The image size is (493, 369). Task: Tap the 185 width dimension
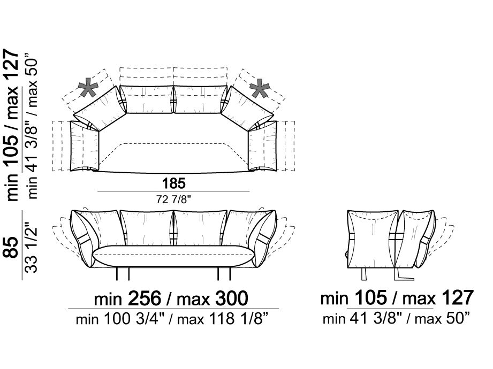174,183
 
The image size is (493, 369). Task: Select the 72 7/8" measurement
173,199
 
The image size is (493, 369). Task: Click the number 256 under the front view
145,298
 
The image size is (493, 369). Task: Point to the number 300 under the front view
232,298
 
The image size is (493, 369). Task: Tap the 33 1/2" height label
31,247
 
